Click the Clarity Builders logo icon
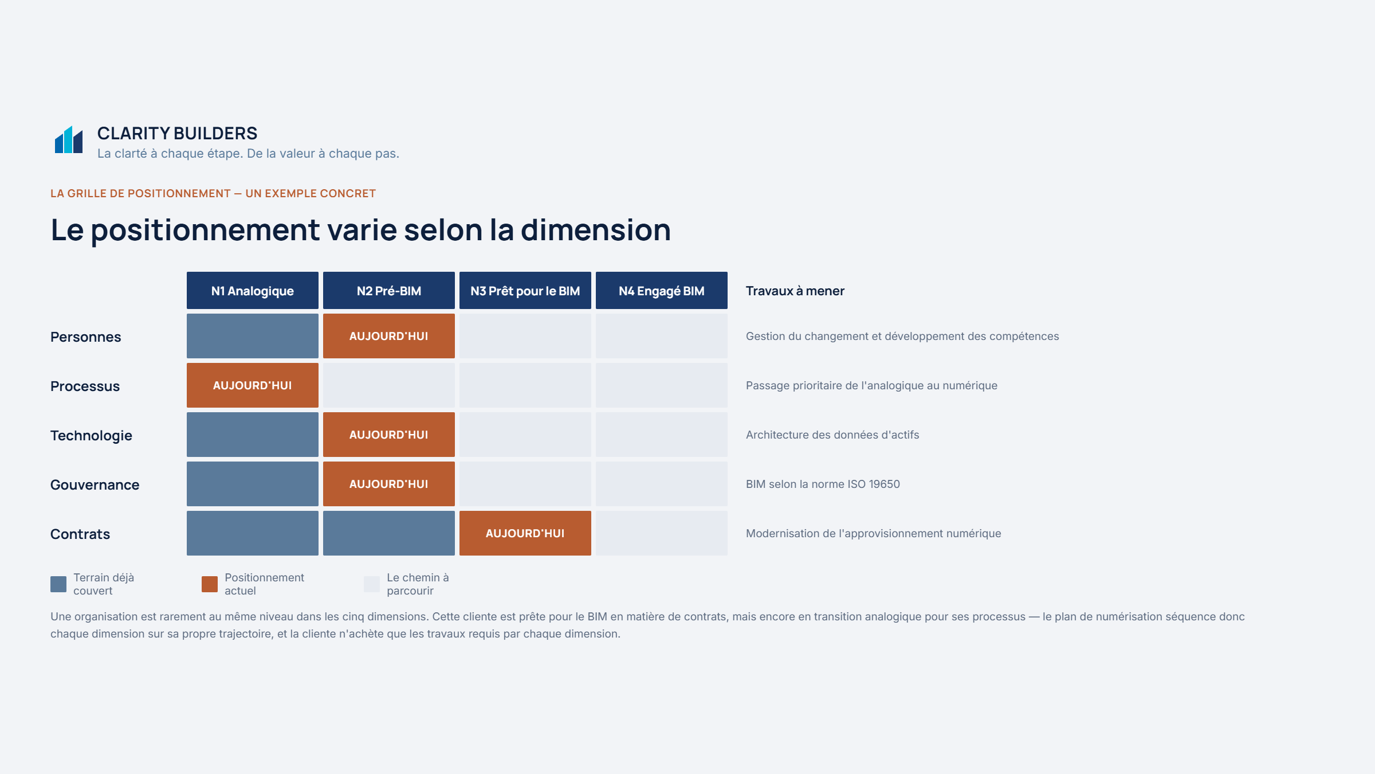(69, 139)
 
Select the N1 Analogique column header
(253, 291)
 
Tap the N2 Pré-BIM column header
(389, 291)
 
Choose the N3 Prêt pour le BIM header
(525, 291)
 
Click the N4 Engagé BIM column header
(662, 291)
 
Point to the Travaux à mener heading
(795, 291)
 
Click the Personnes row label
(86, 337)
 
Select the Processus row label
(85, 386)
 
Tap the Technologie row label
(92, 436)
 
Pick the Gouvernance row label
(95, 485)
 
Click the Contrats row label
(80, 534)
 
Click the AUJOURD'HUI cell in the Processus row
(253, 385)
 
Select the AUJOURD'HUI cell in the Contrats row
(525, 533)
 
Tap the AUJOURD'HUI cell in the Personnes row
(389, 336)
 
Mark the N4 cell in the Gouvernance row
(662, 484)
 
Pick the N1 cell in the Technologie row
(253, 435)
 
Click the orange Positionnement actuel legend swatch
(210, 584)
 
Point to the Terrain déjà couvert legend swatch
(58, 584)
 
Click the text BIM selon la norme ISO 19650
(823, 484)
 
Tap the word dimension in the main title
(596, 230)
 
